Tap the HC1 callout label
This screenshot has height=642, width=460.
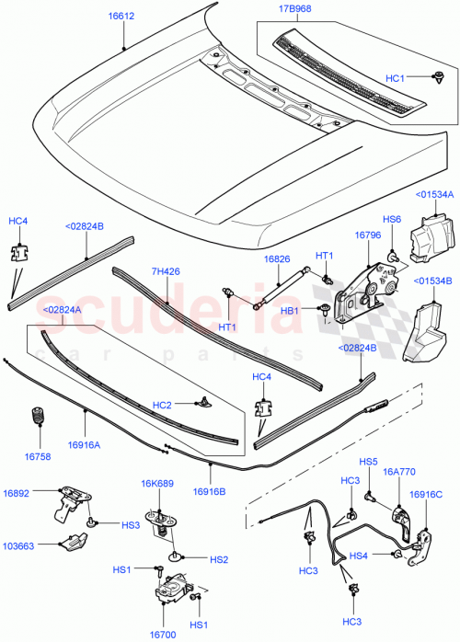click(x=420, y=78)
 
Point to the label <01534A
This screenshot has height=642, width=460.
click(x=432, y=194)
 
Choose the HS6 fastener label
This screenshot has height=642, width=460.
click(x=392, y=220)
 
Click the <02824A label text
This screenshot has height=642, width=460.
click(x=60, y=311)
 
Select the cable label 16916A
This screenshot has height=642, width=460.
click(x=86, y=445)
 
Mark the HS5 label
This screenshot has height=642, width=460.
click(x=369, y=462)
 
